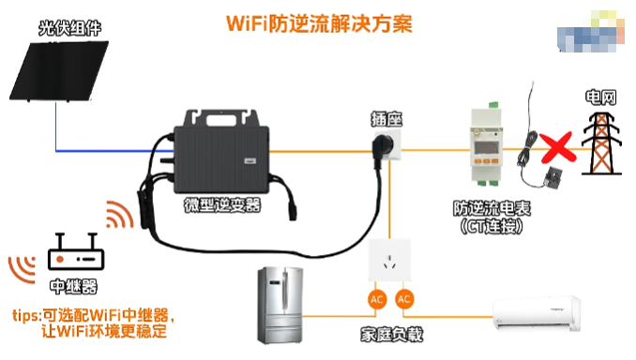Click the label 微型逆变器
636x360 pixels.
coord(223,204)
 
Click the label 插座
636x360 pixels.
coord(386,119)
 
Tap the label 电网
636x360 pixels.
coord(599,97)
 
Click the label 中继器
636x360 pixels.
coord(71,287)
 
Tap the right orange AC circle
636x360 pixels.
coord(405,299)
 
